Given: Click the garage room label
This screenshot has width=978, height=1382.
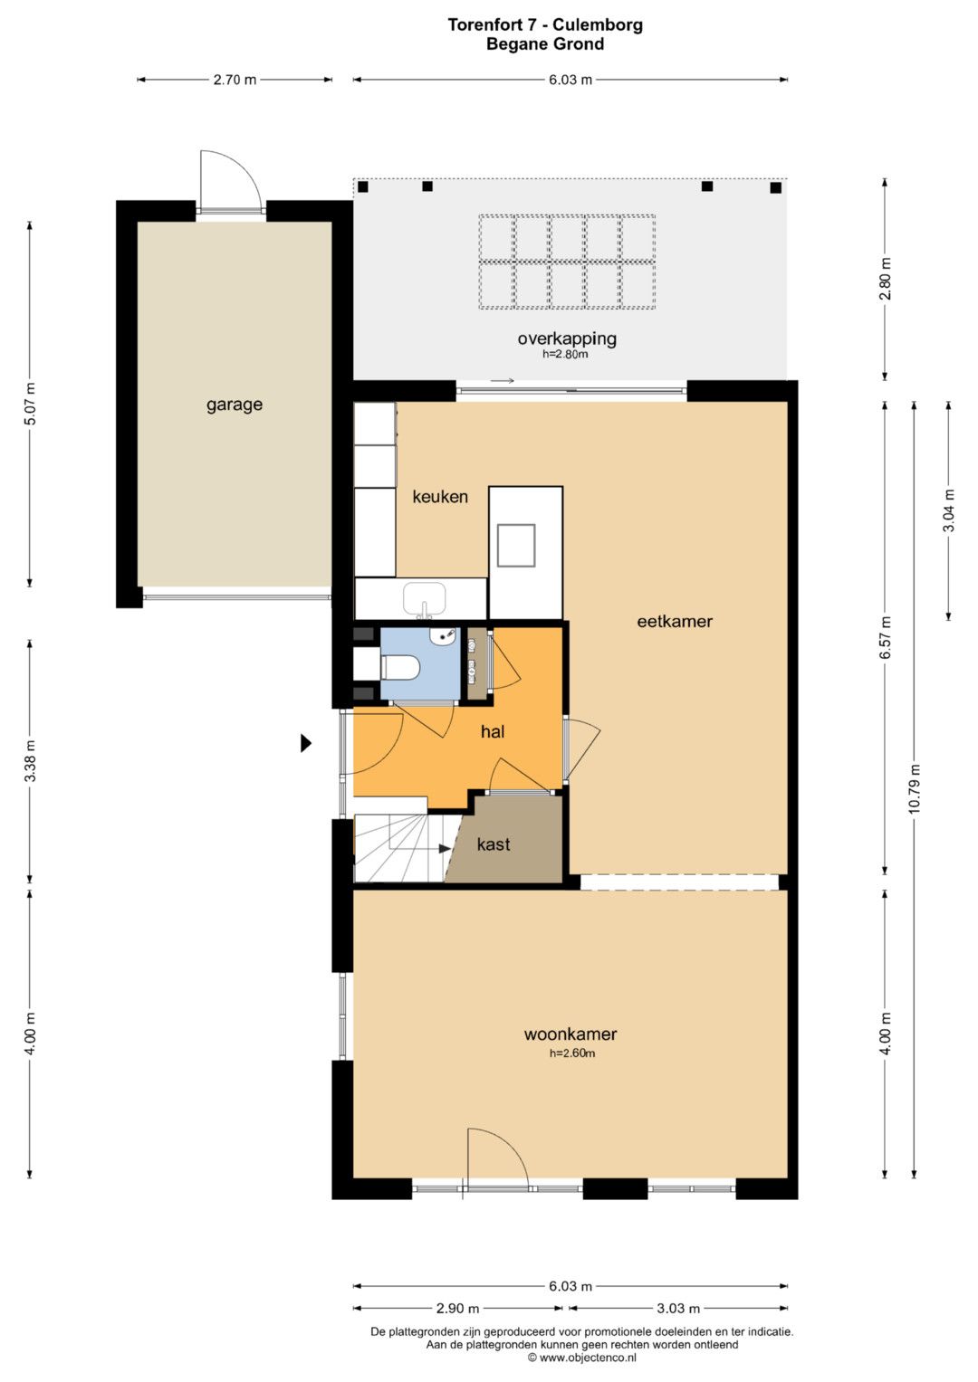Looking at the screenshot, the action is [x=234, y=405].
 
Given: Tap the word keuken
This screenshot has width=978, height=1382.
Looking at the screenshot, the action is [x=440, y=497].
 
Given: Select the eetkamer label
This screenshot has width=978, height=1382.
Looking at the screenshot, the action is [x=675, y=621].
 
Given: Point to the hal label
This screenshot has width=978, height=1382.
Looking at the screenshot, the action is [x=493, y=731].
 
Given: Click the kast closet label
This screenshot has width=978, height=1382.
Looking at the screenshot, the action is [x=494, y=844].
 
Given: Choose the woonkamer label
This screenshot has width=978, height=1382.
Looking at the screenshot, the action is [x=570, y=1034].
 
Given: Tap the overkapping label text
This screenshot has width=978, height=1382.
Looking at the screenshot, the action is [x=567, y=338].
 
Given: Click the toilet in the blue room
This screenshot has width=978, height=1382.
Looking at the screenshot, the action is [x=400, y=667].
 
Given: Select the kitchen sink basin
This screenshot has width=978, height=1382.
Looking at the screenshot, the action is [x=425, y=598].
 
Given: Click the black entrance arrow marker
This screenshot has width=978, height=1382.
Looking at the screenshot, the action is [x=306, y=743].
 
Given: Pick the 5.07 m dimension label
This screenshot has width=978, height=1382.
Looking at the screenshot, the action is [x=30, y=405].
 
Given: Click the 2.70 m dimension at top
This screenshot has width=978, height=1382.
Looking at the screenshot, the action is [x=235, y=80].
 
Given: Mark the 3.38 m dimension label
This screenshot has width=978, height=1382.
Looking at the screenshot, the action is [x=30, y=761].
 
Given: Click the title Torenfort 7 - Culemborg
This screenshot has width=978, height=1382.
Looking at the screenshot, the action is [x=545, y=24].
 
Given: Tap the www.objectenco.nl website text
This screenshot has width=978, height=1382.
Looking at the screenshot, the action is [x=588, y=1358].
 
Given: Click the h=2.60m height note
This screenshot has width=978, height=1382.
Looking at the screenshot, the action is [x=572, y=1053].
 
